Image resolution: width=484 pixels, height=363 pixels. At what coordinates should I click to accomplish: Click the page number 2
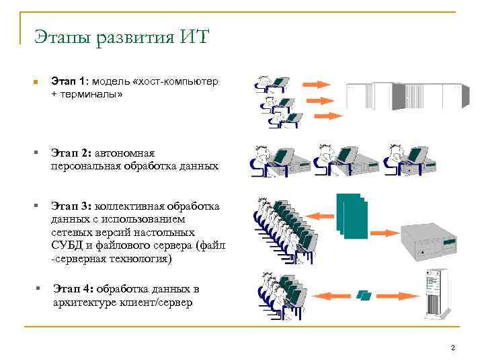click(x=453, y=348)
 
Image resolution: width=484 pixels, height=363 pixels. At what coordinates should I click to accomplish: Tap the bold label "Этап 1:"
click(x=69, y=82)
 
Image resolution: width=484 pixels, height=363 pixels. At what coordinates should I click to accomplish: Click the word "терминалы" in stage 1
click(x=91, y=95)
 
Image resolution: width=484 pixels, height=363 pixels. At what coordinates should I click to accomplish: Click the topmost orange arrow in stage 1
click(x=313, y=84)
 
